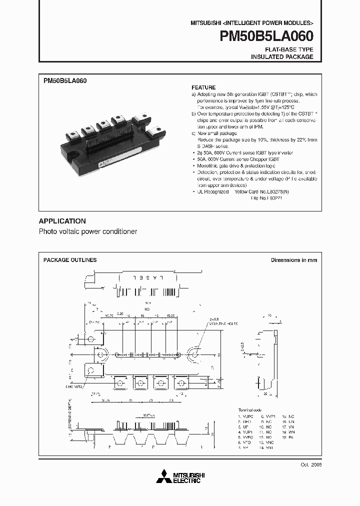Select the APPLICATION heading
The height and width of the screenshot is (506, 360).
[62, 221]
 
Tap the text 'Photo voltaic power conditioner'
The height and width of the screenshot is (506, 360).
[88, 232]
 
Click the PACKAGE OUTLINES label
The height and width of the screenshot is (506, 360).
[70, 260]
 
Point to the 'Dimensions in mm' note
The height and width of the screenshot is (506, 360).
[293, 260]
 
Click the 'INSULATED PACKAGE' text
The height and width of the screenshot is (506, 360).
[282, 57]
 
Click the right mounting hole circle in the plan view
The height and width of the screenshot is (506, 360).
[194, 355]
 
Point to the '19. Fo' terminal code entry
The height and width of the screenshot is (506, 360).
[288, 437]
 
